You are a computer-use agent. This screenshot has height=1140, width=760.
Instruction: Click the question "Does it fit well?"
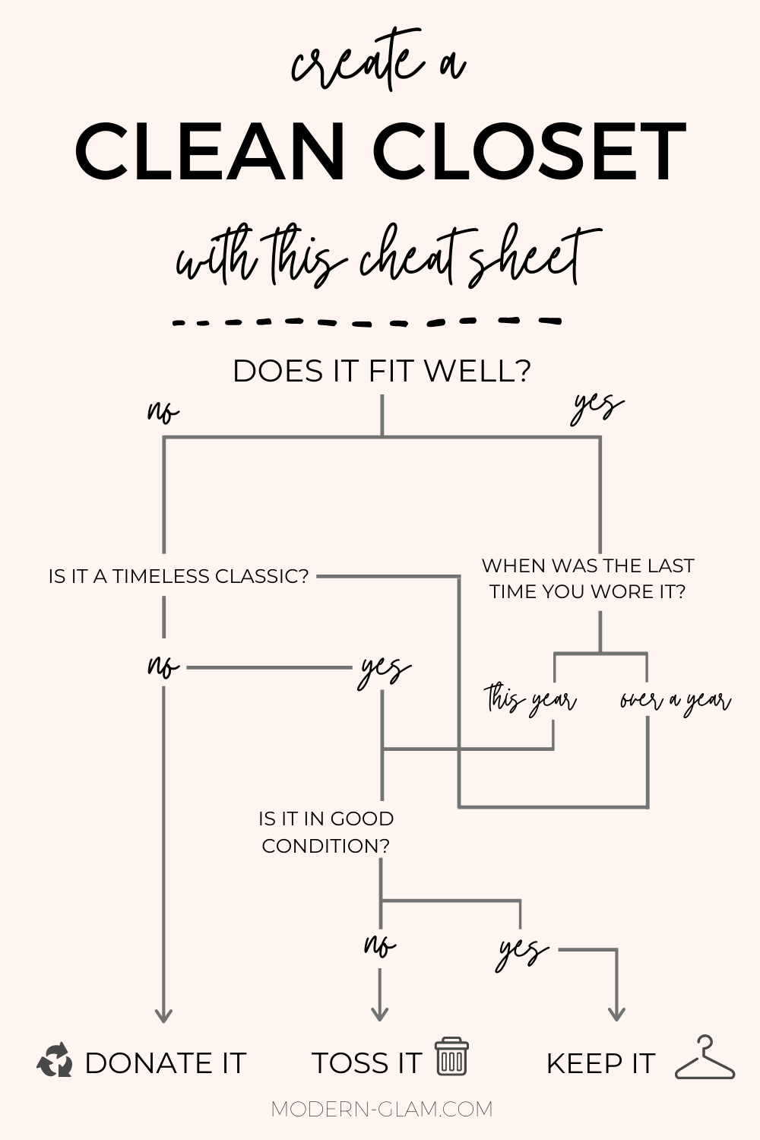pyautogui.click(x=381, y=372)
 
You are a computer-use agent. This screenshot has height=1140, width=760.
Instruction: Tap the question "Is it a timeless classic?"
pyautogui.click(x=179, y=577)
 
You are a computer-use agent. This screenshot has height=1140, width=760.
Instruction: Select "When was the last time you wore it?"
pyautogui.click(x=587, y=578)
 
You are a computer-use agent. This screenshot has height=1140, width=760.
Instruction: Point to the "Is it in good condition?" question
pyautogui.click(x=326, y=832)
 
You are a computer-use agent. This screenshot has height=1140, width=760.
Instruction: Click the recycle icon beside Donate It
pyautogui.click(x=55, y=1061)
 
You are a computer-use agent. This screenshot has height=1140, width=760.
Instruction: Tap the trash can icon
pyautogui.click(x=451, y=1057)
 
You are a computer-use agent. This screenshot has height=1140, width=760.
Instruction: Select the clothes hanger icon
pyautogui.click(x=705, y=1059)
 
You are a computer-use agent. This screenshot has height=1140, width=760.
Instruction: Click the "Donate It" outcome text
pyautogui.click(x=165, y=1063)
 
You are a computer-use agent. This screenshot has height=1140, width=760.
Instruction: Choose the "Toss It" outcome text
pyautogui.click(x=366, y=1063)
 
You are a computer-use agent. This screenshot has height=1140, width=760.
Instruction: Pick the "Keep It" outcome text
pyautogui.click(x=600, y=1063)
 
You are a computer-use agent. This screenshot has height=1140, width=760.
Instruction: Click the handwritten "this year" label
pyautogui.click(x=530, y=700)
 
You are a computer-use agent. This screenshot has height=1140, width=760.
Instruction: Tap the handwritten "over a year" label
pyautogui.click(x=675, y=700)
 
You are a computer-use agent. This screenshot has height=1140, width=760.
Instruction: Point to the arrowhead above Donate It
pyautogui.click(x=163, y=1015)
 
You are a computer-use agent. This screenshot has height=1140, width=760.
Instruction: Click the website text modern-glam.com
pyautogui.click(x=382, y=1109)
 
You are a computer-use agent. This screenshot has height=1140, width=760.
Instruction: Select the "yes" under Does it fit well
pyautogui.click(x=597, y=407)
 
